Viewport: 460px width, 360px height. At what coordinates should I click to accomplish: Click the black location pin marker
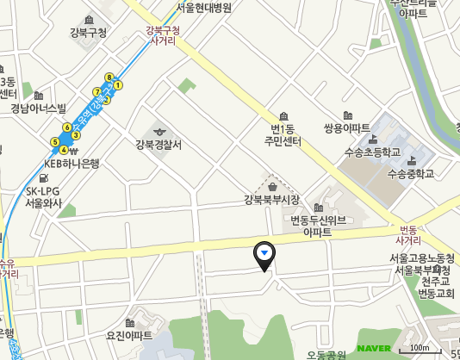click(264, 255)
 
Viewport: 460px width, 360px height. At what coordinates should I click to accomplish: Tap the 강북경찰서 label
click(159, 145)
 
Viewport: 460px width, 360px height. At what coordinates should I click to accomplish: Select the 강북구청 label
click(89, 33)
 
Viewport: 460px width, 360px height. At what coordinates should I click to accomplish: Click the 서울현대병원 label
click(209, 7)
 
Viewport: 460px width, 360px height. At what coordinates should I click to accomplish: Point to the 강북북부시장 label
click(271, 200)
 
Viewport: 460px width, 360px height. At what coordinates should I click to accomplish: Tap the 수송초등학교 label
click(372, 152)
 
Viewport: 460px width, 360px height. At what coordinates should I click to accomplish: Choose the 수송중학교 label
click(411, 173)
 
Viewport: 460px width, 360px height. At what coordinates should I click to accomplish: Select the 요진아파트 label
click(128, 335)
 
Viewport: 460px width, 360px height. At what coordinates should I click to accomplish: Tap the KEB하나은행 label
click(72, 162)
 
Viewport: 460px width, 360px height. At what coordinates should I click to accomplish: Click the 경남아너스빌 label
click(39, 109)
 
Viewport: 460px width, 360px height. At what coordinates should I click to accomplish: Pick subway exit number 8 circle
click(109, 78)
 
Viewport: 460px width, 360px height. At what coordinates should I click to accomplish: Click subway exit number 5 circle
click(55, 141)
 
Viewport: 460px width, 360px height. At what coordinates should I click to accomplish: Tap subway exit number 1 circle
click(118, 85)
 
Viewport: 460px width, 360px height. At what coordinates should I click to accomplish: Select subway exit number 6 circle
click(67, 127)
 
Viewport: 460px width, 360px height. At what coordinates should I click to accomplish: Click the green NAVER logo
click(374, 348)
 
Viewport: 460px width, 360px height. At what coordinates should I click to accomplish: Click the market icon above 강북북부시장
click(272, 185)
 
